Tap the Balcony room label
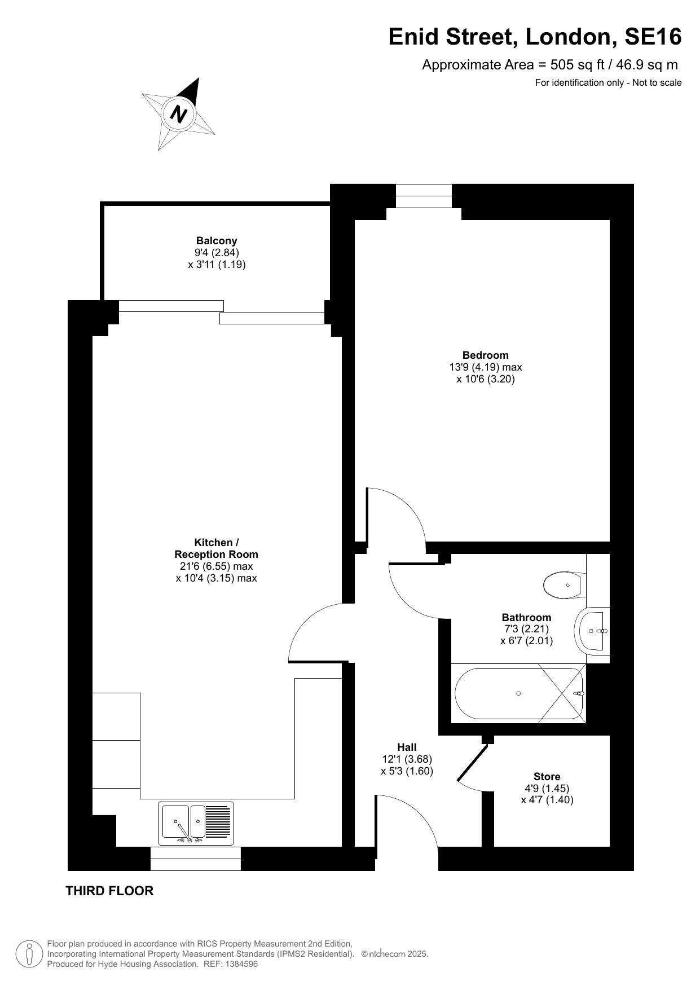tap(217, 241)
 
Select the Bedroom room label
tap(485, 355)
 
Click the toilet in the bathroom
tap(565, 586)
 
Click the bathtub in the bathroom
tap(518, 693)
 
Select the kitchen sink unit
tap(196, 824)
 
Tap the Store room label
tap(547, 776)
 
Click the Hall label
tap(407, 747)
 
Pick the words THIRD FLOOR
tap(109, 891)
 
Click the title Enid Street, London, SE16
tap(535, 37)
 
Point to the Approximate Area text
tap(550, 65)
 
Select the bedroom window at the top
tap(424, 196)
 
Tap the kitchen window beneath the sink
tap(196, 859)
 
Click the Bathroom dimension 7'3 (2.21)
tap(526, 629)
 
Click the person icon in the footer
tap(29, 954)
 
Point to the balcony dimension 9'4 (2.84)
tap(217, 253)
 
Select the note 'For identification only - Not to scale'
tap(608, 83)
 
